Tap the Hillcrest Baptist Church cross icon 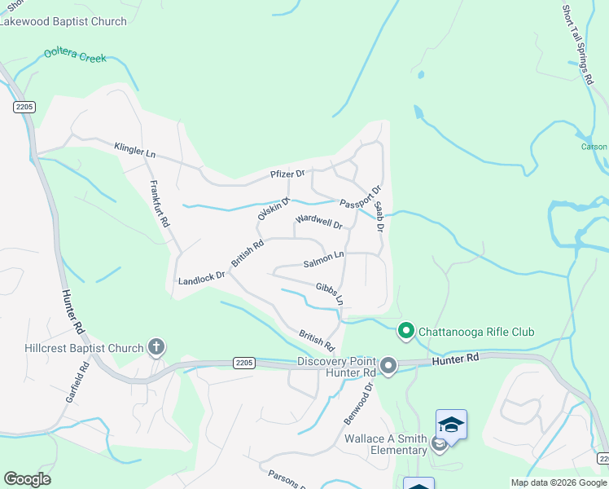tap(156, 348)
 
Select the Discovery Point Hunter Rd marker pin tap(388, 367)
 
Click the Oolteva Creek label tap(76, 58)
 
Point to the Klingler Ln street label tap(134, 151)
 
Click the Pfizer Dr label tap(287, 174)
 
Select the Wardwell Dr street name tap(318, 220)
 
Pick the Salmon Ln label tap(324, 260)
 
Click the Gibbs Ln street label tap(330, 293)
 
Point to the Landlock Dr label tap(201, 279)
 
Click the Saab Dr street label tap(379, 217)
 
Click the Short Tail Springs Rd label tap(576, 45)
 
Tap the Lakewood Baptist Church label tap(64, 21)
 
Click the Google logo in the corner tap(27, 479)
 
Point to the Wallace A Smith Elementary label tap(386, 444)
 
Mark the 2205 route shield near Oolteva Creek tap(23, 107)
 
